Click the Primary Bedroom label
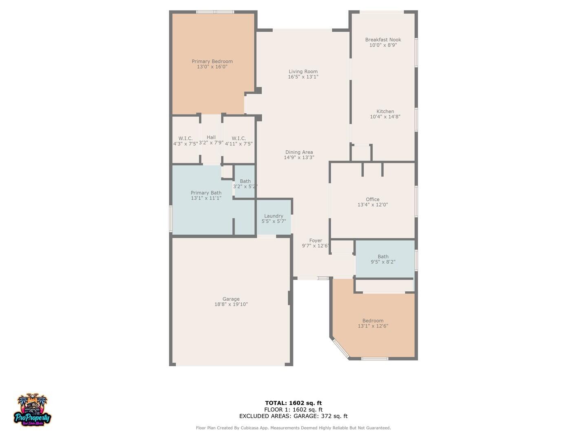(212, 61)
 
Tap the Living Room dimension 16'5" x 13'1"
(303, 77)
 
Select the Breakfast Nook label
(383, 40)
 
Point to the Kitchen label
(385, 111)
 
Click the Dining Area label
(299, 152)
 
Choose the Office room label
(373, 199)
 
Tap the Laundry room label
(274, 216)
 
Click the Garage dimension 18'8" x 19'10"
(231, 304)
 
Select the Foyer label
(316, 240)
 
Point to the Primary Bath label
(206, 193)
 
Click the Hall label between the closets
(211, 137)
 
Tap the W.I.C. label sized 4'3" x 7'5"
(185, 139)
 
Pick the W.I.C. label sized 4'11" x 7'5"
(238, 139)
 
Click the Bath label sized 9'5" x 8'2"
(383, 257)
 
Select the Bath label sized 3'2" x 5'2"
(245, 181)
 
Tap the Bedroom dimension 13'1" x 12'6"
(373, 326)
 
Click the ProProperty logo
(33, 410)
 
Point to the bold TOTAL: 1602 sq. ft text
(293, 403)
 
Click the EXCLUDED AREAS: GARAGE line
(293, 416)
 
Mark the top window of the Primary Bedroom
(215, 12)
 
